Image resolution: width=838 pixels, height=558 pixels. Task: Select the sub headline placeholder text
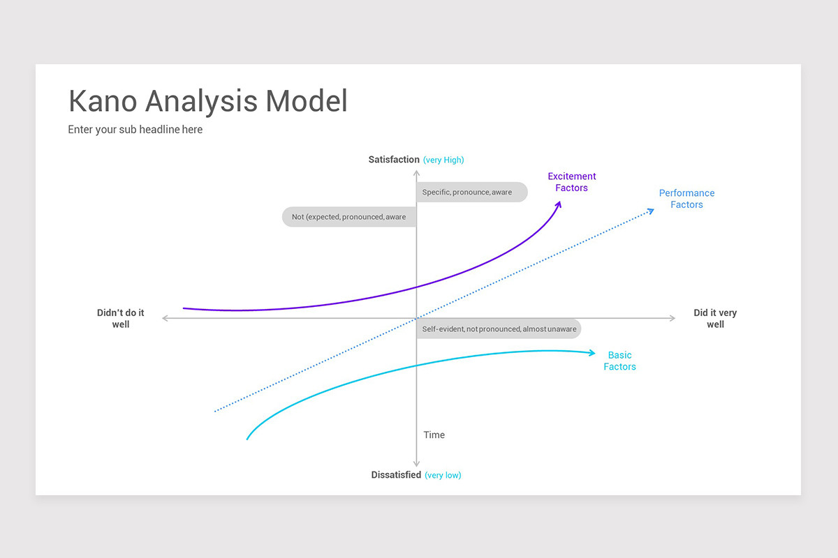tap(135, 130)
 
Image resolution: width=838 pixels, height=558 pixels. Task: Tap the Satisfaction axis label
tap(394, 160)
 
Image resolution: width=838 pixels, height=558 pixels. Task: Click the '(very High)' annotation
tap(443, 160)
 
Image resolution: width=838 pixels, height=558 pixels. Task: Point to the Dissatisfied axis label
tap(396, 475)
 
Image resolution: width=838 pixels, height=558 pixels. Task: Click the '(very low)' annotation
tap(443, 476)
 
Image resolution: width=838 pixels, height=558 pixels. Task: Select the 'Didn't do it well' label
tap(121, 319)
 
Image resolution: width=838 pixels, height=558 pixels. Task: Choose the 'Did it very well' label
tap(715, 319)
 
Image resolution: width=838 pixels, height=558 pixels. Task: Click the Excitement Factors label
tap(572, 182)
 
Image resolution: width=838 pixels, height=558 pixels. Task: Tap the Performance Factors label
tap(686, 199)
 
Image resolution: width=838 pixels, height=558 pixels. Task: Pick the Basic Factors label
tap(619, 361)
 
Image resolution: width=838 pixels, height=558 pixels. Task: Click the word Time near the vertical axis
tap(434, 435)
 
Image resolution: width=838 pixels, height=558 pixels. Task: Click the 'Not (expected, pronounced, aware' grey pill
tap(349, 217)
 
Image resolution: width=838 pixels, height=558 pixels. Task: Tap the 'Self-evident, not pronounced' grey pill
tap(499, 329)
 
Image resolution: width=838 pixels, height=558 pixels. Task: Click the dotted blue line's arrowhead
tap(651, 211)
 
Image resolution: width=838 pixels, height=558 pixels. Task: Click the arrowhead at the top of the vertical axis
tap(417, 172)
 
